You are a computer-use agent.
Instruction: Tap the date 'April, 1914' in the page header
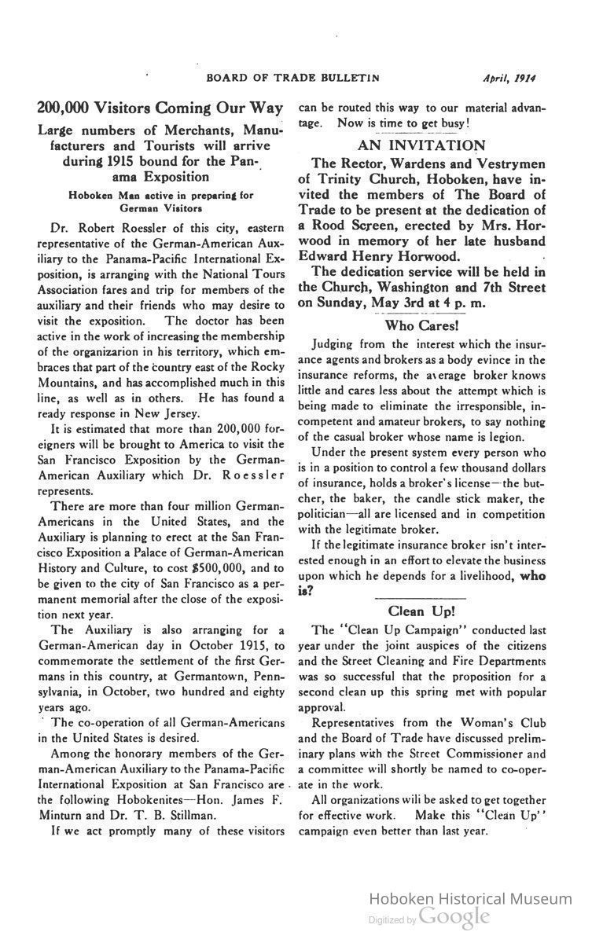coord(515,77)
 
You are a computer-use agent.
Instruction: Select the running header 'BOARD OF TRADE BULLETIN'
coord(292,77)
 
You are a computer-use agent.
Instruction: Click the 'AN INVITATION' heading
coord(421,145)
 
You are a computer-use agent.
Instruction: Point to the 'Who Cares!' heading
coord(421,325)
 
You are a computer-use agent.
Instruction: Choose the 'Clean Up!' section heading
coord(421,611)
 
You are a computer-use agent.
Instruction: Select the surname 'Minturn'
coord(63,815)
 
